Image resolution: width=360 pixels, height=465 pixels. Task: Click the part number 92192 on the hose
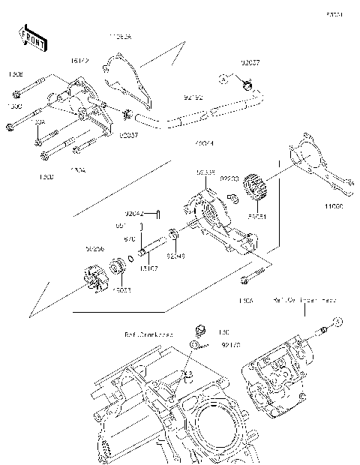[194, 97]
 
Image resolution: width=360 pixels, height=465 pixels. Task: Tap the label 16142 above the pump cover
[81, 59]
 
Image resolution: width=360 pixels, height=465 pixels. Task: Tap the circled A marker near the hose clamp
[223, 79]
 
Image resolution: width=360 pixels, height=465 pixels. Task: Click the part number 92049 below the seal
[175, 255]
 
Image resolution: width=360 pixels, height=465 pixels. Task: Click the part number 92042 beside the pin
[135, 214]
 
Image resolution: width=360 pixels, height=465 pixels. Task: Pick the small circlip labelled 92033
[232, 198]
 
